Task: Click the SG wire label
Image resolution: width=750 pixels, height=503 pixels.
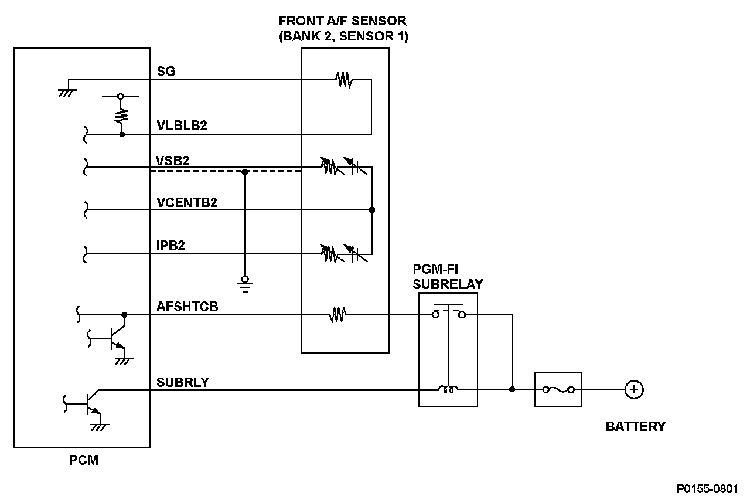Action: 166,72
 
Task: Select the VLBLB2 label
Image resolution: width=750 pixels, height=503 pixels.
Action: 182,126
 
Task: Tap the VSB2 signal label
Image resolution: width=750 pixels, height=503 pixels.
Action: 173,160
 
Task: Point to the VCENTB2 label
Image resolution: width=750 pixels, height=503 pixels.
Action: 187,202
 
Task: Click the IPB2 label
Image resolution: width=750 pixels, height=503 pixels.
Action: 171,246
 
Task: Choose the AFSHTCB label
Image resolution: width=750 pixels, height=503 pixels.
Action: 187,306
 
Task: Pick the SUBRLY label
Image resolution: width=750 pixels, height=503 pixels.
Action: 182,382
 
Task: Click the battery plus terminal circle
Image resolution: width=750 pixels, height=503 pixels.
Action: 633,389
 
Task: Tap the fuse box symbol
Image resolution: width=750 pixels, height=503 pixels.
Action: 558,389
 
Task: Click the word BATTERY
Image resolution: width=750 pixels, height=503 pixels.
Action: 635,426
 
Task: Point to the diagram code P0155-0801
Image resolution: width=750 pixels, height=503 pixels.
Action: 707,489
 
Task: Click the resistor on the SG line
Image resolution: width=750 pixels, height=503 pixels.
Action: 344,79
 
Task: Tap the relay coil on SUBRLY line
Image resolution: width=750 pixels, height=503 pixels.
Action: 448,389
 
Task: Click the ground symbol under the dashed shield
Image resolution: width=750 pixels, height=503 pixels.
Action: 245,283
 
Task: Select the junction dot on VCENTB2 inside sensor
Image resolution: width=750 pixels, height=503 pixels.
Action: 372,209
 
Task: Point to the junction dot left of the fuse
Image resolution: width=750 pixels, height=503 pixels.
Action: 512,389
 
